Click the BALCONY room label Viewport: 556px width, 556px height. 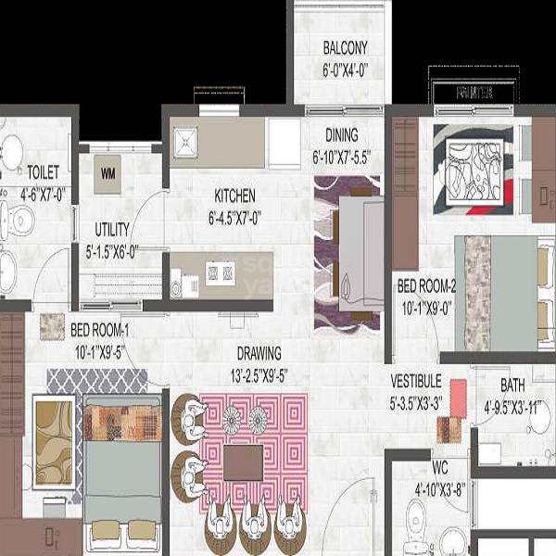click(x=346, y=48)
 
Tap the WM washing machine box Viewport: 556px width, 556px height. click(x=107, y=173)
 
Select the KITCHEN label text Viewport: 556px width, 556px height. click(x=234, y=196)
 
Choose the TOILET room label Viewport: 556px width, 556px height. click(x=43, y=172)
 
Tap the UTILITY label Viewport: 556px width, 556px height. click(x=112, y=230)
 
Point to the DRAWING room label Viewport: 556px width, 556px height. click(x=259, y=353)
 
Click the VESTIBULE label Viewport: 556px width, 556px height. click(x=416, y=380)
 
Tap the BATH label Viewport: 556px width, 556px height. click(x=512, y=385)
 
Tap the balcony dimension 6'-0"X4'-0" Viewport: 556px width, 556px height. click(x=346, y=69)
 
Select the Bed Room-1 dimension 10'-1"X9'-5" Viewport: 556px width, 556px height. click(x=100, y=351)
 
